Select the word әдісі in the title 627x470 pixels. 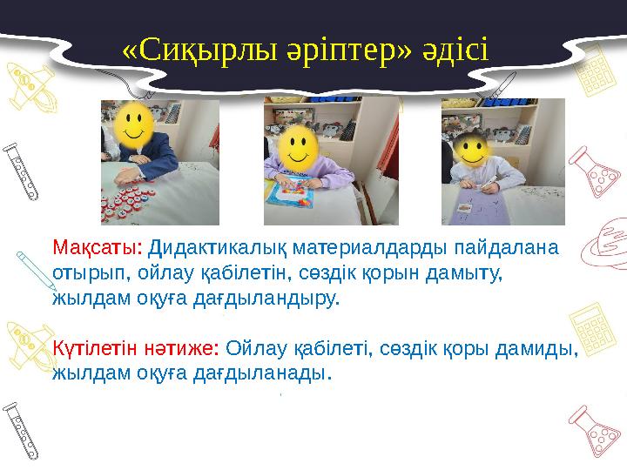pyautogui.click(x=454, y=51)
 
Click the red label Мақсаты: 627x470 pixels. pyautogui.click(x=98, y=248)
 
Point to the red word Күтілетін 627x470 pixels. pyautogui.click(x=93, y=349)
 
